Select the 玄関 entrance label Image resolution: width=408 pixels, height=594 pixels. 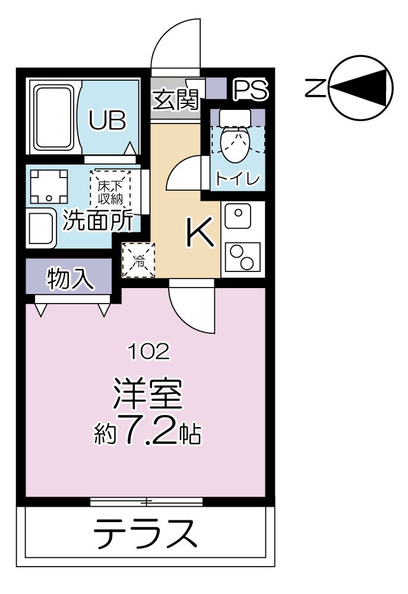click(175, 99)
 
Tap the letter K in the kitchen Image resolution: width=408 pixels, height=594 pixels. click(200, 233)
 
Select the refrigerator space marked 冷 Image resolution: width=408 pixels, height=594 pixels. click(138, 260)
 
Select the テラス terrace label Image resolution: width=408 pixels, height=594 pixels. click(146, 532)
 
